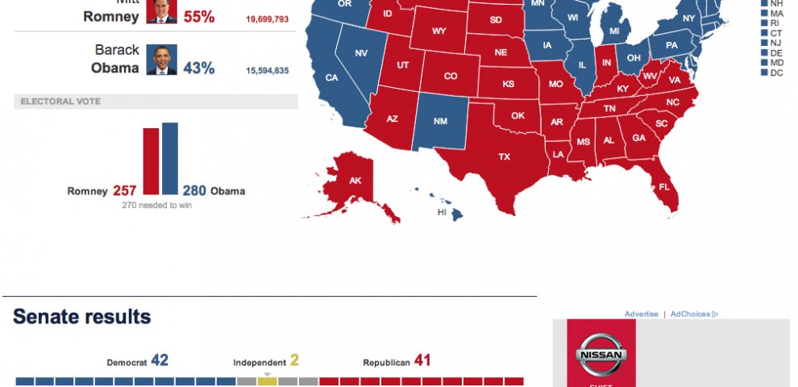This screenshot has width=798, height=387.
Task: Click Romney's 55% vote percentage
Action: click(198, 16)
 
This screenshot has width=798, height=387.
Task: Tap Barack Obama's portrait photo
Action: click(161, 60)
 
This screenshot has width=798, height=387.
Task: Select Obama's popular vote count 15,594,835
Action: click(267, 71)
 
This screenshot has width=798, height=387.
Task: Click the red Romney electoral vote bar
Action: click(151, 161)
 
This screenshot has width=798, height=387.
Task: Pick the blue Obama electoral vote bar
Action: click(170, 159)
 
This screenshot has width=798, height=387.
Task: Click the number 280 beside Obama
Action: click(194, 191)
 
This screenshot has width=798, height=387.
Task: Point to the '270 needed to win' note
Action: click(156, 206)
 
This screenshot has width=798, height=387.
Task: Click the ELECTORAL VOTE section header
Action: click(60, 102)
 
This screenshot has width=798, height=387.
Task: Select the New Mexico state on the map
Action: click(440, 121)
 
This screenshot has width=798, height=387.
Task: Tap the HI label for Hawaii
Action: click(442, 212)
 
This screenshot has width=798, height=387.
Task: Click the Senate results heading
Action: click(82, 317)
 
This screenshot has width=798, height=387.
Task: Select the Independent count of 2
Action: click(294, 361)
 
